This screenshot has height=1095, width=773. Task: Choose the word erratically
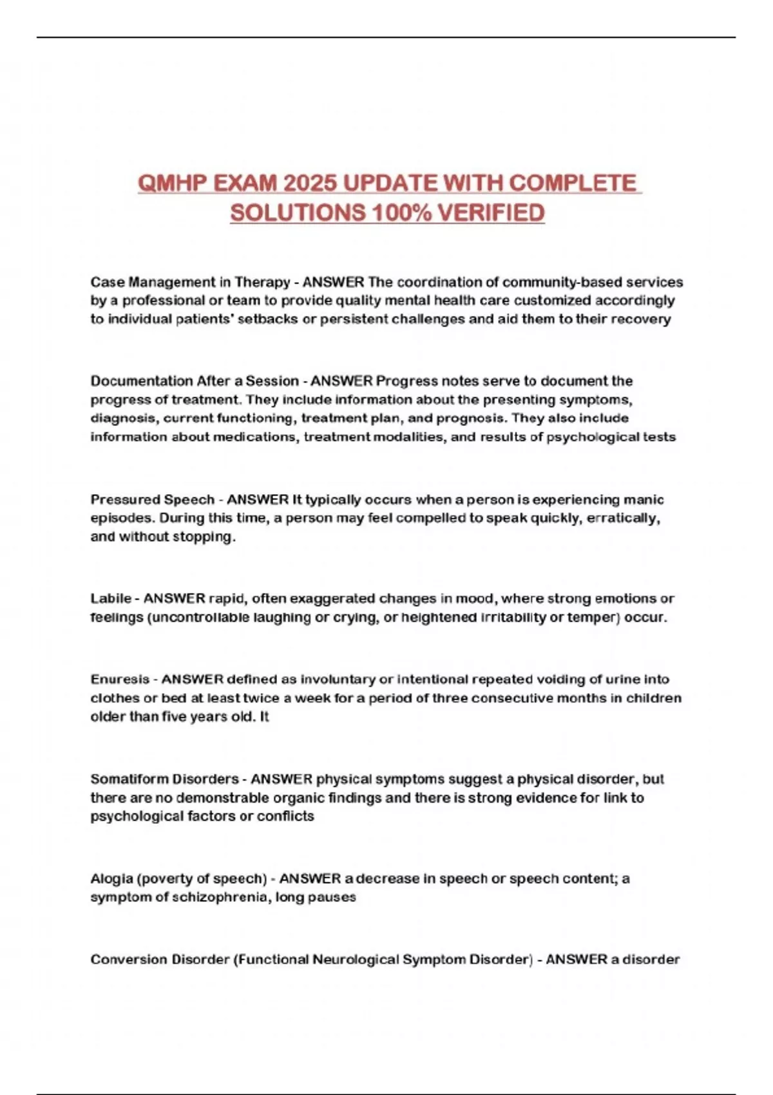coord(622,519)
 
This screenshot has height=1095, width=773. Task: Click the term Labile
coord(111,598)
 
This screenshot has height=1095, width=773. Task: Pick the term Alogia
coord(111,879)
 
